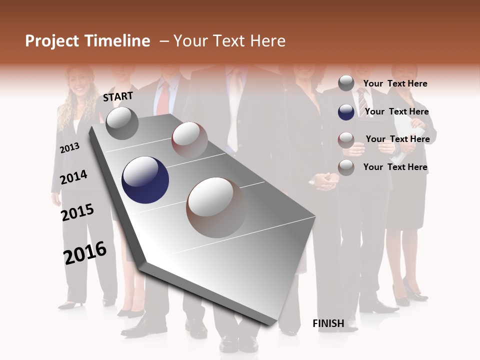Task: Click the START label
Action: [118, 96]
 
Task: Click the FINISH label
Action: [328, 323]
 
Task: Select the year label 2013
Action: [69, 148]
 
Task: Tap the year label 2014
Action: [73, 177]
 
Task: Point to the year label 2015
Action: [77, 212]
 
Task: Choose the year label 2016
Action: [85, 253]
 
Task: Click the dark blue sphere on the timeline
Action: [145, 180]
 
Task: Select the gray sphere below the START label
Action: [122, 123]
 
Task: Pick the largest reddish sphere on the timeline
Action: [216, 207]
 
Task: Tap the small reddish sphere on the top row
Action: [189, 139]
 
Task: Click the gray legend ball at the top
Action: [346, 83]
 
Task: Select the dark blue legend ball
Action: [346, 112]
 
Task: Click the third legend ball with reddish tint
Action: [346, 139]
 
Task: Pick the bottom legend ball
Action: [346, 167]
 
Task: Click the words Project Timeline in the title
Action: [87, 41]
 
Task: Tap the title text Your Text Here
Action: [229, 41]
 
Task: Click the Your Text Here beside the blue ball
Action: [396, 111]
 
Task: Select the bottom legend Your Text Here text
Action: [395, 167]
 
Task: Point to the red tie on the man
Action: [163, 97]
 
